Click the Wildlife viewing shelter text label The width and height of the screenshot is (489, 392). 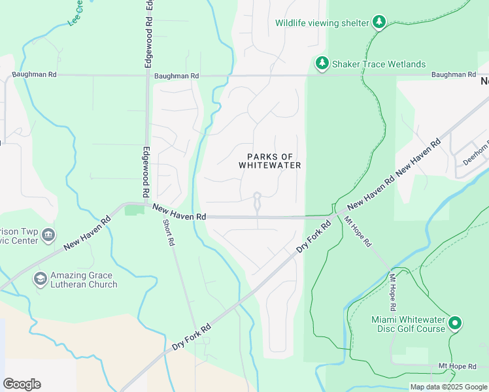[x=322, y=23]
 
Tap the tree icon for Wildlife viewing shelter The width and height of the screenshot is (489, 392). [x=379, y=23]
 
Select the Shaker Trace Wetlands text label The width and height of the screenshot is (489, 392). [x=379, y=64]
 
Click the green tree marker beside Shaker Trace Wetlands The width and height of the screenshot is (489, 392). [x=322, y=63]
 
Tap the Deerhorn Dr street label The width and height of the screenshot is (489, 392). [x=475, y=154]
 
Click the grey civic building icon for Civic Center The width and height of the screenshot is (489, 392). [x=48, y=235]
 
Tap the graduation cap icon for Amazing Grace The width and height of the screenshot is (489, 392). [x=41, y=279]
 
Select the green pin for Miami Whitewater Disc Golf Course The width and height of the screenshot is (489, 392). [x=456, y=323]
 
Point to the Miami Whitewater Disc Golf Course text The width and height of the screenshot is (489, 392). [x=409, y=323]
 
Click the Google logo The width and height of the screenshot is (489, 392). [x=22, y=384]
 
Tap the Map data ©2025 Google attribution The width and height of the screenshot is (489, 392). [x=448, y=387]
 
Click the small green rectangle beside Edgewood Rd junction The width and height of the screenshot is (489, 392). [x=135, y=210]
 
